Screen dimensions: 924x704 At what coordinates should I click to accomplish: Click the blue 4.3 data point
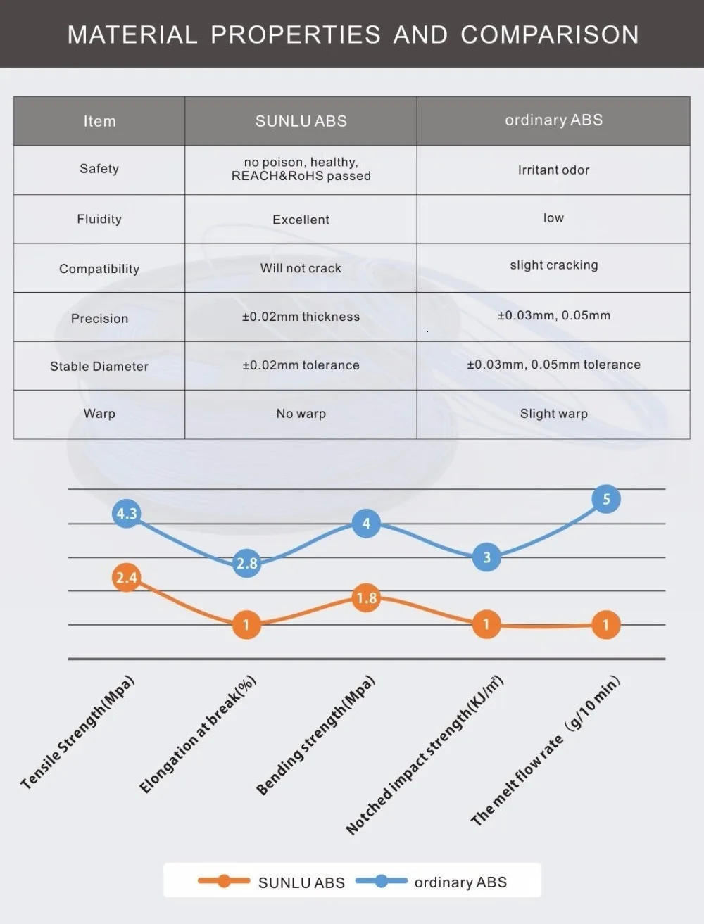(127, 513)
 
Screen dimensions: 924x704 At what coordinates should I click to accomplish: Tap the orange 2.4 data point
(126, 578)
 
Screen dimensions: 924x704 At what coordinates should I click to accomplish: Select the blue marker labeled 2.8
(246, 563)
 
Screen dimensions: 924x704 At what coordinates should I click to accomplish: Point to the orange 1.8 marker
(366, 598)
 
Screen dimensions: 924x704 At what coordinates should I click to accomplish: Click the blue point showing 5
(606, 500)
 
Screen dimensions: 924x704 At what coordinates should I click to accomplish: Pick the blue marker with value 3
(486, 557)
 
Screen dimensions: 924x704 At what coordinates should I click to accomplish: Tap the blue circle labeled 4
(366, 524)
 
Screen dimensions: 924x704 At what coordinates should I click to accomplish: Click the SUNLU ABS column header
(301, 121)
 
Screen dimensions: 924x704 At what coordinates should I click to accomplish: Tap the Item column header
(99, 121)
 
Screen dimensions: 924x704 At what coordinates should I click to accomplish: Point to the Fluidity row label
(99, 219)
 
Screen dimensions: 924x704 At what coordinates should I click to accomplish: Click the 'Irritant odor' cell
(553, 170)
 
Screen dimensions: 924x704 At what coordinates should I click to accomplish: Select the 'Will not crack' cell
(301, 268)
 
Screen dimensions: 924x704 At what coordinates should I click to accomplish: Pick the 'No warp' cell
(301, 414)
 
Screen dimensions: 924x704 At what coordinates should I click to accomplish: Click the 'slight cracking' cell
(553, 265)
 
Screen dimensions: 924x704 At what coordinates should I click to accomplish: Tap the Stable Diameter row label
(99, 366)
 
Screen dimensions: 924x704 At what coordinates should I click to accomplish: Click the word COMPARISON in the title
(549, 34)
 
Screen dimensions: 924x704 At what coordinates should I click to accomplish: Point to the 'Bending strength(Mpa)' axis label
(315, 736)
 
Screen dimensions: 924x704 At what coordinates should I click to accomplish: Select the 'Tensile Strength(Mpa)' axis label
(77, 733)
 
